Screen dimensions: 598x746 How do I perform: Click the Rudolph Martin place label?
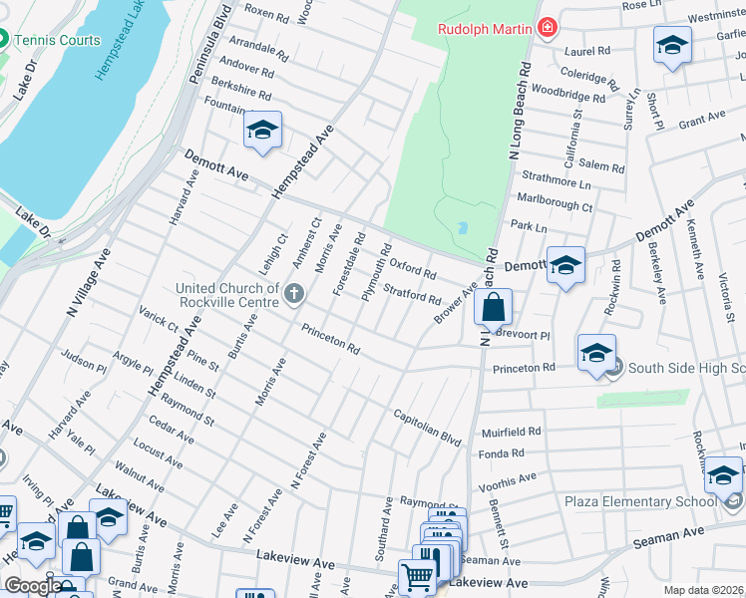485,28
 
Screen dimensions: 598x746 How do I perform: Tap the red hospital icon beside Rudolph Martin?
547,28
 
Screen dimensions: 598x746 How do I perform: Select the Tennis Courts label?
58,40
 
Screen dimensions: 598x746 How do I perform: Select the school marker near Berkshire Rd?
262,131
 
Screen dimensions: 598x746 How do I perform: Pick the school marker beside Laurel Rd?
672,45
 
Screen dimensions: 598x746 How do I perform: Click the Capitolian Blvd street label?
427,426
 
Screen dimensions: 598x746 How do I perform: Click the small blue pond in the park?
461,228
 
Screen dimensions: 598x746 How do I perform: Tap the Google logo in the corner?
33,586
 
